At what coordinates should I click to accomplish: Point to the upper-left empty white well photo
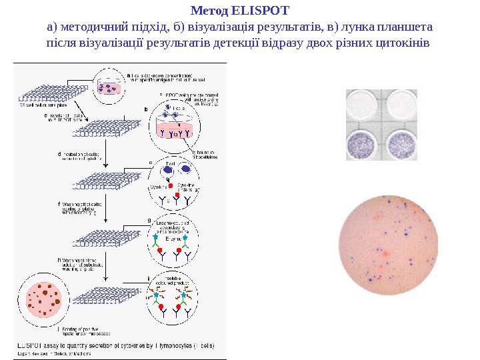(x=363, y=106)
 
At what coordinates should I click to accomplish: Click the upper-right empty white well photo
(x=402, y=106)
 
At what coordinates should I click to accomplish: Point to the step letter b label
(x=147, y=109)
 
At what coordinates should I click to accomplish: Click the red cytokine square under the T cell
(x=171, y=185)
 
